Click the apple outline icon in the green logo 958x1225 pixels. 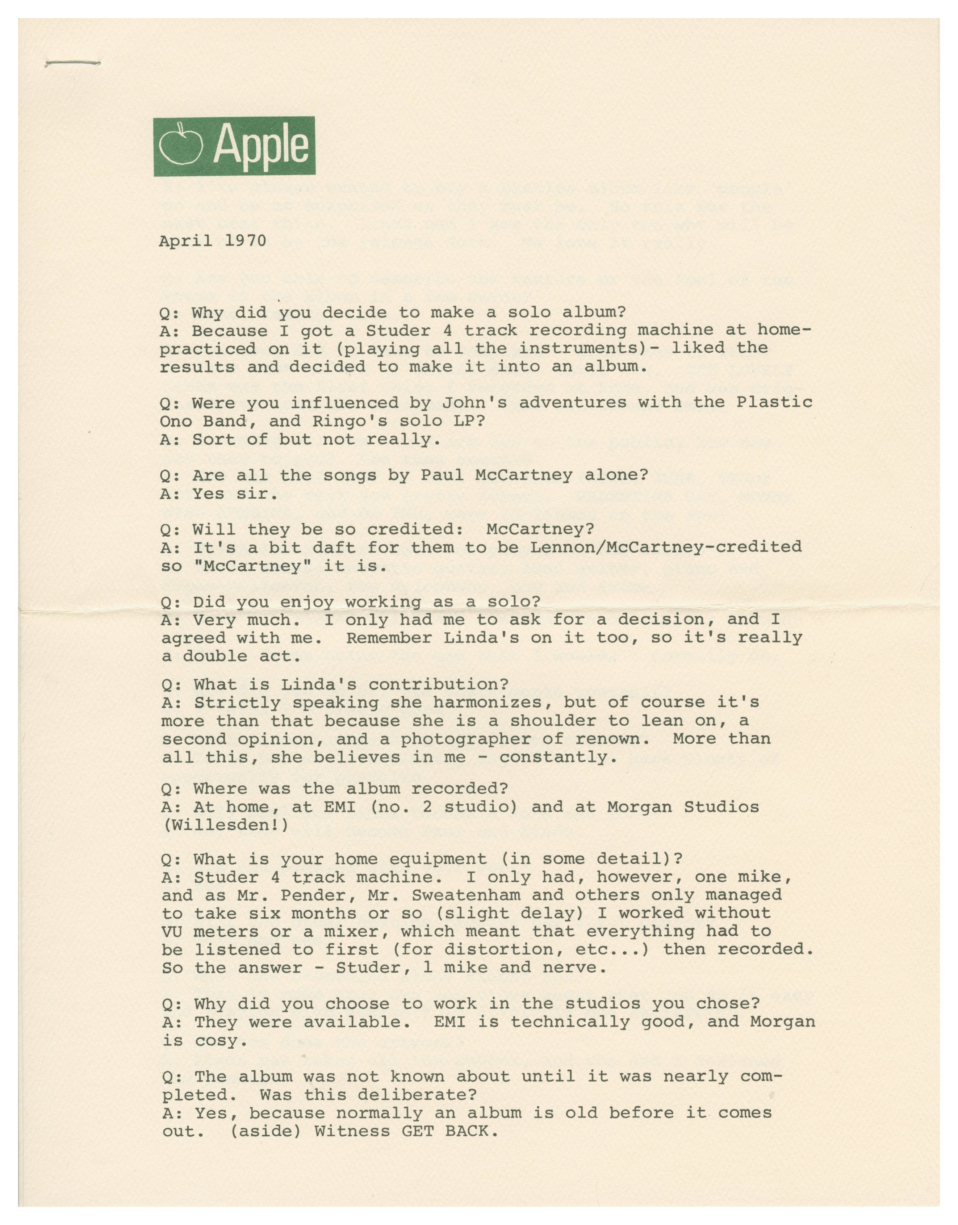(180, 145)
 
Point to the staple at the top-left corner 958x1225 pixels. (72, 63)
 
